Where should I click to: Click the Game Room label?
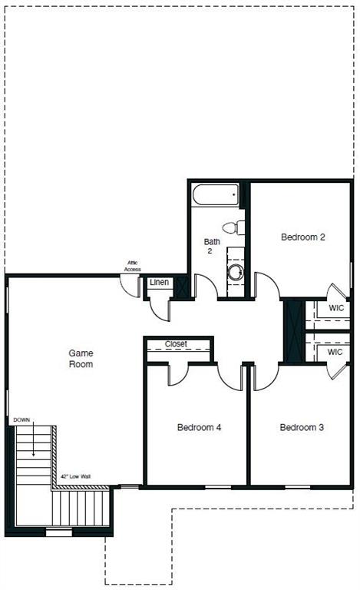point(81,358)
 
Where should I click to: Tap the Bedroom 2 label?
point(303,237)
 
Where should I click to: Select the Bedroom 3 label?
point(302,427)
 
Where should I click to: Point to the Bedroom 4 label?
point(200,427)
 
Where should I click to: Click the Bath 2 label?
point(212,247)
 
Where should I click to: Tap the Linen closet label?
point(159,283)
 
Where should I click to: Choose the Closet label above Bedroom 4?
point(177,344)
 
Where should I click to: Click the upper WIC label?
point(335,308)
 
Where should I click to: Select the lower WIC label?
point(335,352)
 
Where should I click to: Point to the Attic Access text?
point(133,267)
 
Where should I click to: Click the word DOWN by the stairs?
point(22,420)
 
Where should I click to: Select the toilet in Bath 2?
point(233,227)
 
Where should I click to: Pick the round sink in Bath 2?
point(236,272)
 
